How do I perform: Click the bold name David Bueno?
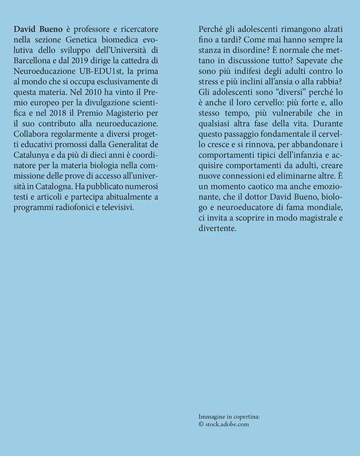(36, 32)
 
